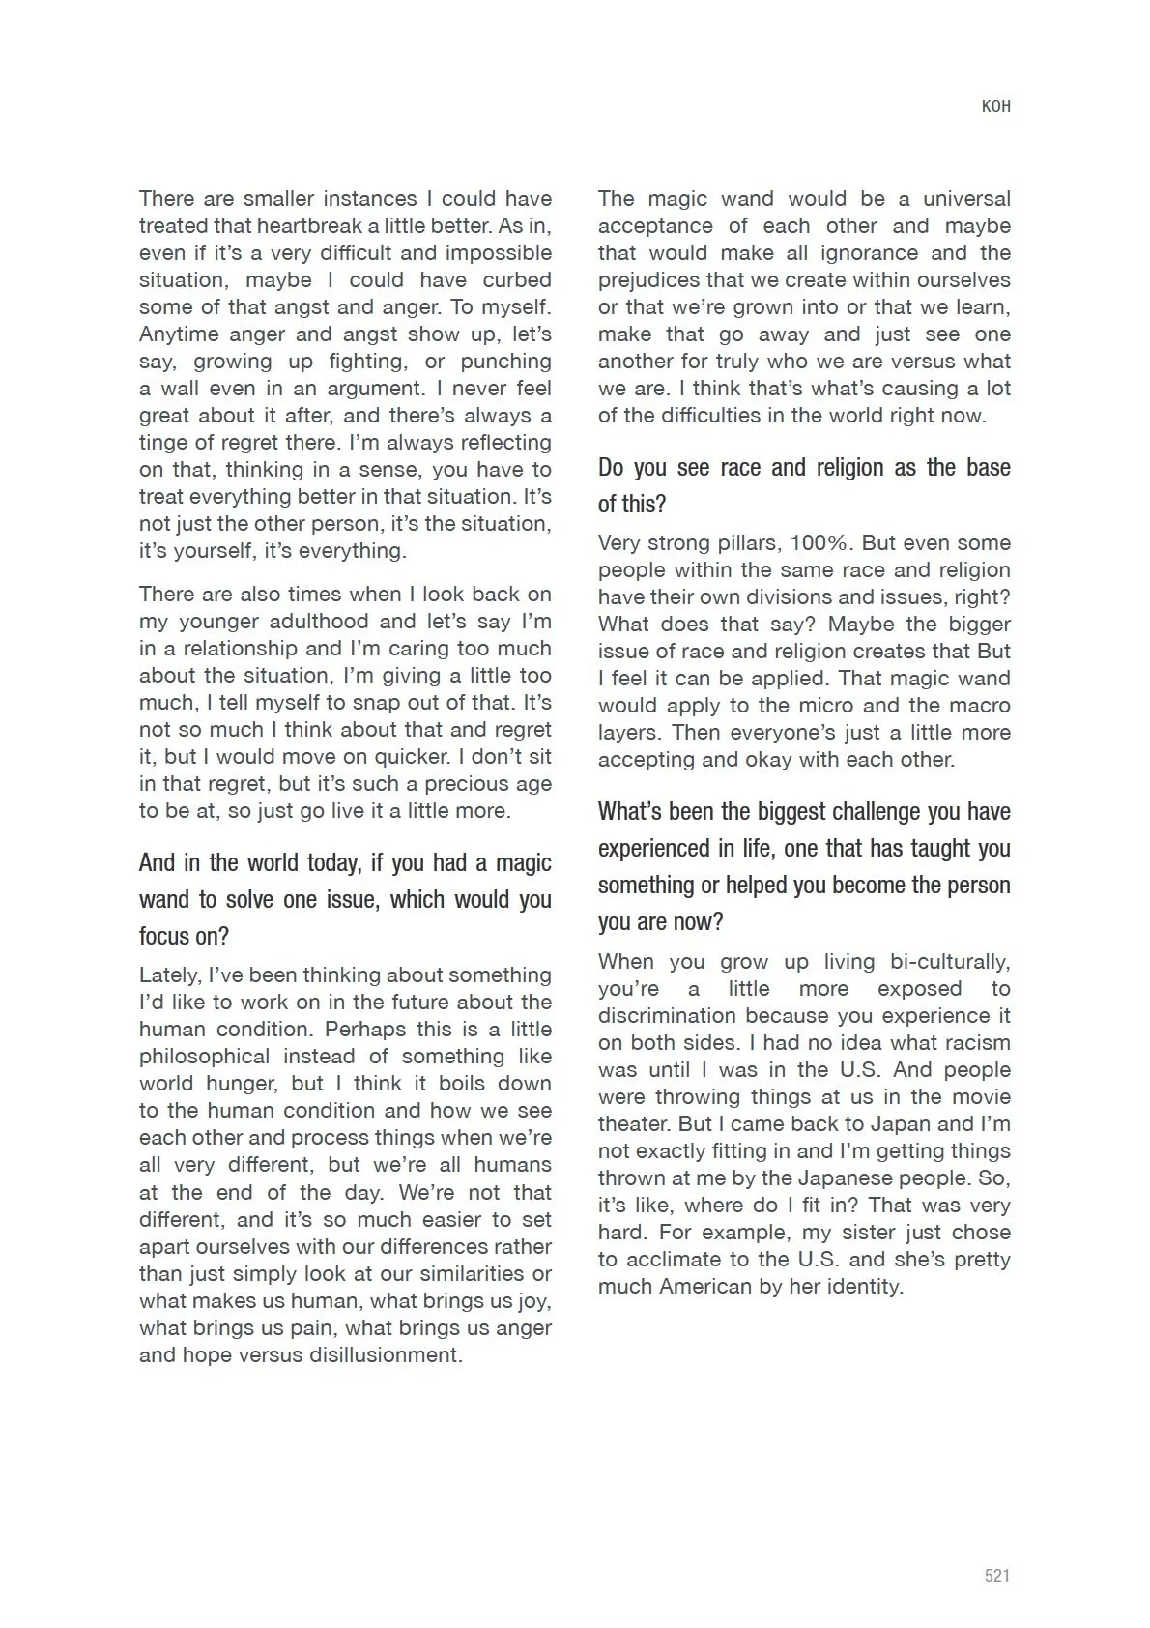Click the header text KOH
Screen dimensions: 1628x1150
coord(995,106)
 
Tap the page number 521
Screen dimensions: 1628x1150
coord(996,1576)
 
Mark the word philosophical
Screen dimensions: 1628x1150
coord(204,1057)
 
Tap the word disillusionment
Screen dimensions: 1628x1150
coord(386,1355)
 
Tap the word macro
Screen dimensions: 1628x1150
coord(980,706)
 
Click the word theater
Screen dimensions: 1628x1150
coord(633,1124)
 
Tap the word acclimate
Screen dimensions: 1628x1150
coord(668,1260)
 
